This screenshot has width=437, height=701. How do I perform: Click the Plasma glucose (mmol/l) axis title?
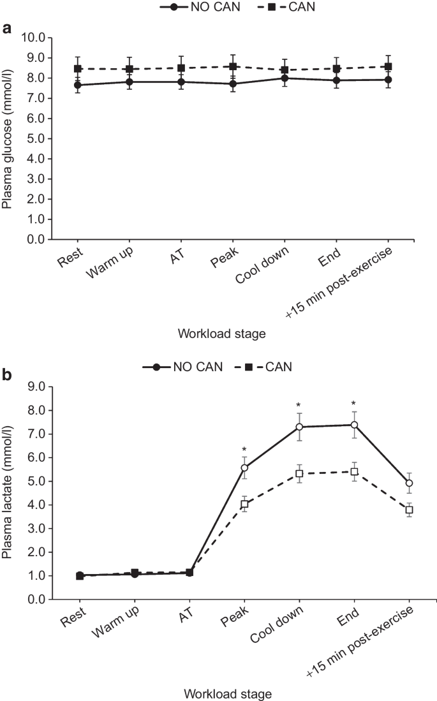pos(9,138)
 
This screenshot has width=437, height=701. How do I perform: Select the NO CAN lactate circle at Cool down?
pos(299,427)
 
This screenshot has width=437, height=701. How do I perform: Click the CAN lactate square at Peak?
pos(244,504)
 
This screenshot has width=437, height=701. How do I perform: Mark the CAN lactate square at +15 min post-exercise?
pos(408,510)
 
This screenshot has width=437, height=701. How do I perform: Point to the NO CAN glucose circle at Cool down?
pos(299,78)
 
